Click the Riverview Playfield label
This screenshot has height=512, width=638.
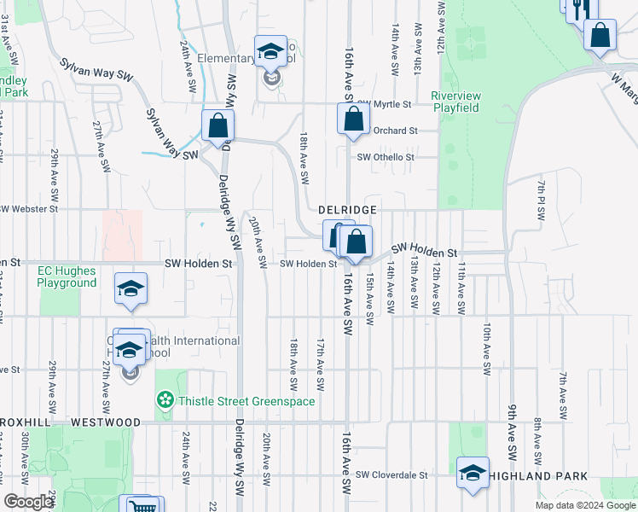[x=455, y=102]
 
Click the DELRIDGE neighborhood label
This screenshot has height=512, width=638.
[x=347, y=209]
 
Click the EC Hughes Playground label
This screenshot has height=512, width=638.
[x=67, y=277]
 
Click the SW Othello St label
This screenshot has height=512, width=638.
[x=386, y=157]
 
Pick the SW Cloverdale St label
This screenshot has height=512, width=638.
[x=391, y=474]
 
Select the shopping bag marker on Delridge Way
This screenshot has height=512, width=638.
[x=217, y=125]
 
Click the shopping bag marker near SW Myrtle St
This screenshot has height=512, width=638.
[x=353, y=119]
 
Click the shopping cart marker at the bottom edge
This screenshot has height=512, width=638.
[x=137, y=505]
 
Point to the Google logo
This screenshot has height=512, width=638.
[x=28, y=502]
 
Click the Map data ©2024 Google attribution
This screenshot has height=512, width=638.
[x=584, y=505]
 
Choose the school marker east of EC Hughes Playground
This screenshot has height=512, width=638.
[x=130, y=289]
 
